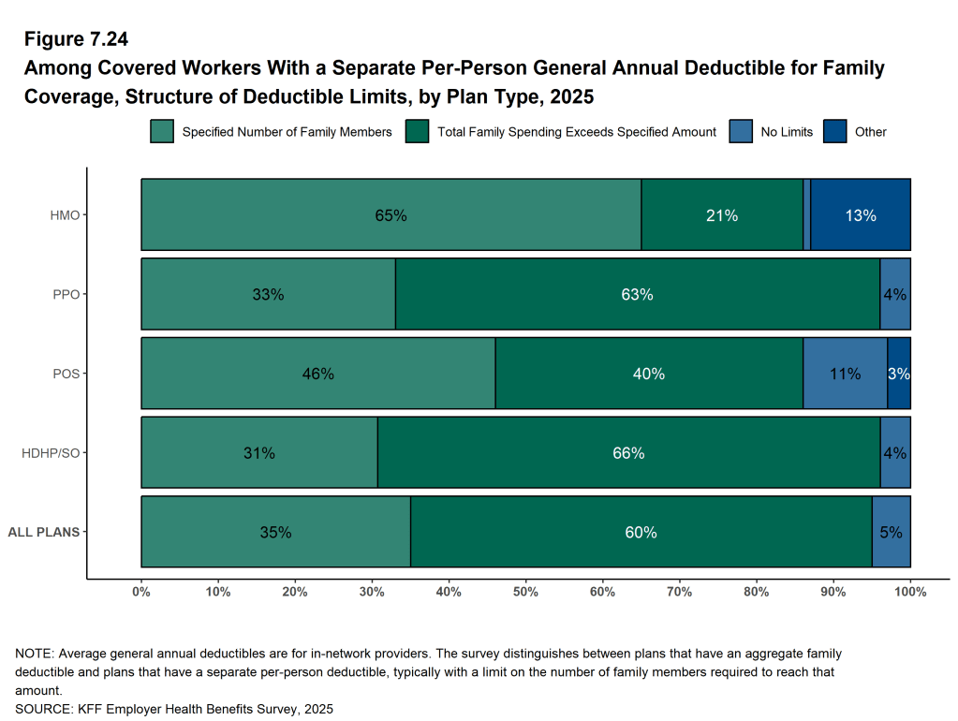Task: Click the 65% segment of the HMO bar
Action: (391, 215)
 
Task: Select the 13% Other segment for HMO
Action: (860, 215)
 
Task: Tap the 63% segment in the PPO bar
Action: (637, 294)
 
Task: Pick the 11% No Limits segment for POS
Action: (845, 374)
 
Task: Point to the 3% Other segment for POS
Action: (899, 374)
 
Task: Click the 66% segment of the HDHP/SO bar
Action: (628, 453)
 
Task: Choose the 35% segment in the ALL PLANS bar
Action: (275, 532)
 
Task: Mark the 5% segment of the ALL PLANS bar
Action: (891, 532)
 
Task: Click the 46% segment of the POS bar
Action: (317, 374)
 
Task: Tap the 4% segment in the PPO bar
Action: (894, 294)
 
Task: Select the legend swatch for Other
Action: (834, 132)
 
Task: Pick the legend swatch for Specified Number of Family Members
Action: (162, 132)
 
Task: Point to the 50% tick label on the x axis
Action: (525, 592)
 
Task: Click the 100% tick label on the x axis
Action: (910, 592)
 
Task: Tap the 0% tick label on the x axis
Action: (141, 592)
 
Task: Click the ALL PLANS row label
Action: (43, 532)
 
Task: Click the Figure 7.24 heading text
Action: (76, 39)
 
